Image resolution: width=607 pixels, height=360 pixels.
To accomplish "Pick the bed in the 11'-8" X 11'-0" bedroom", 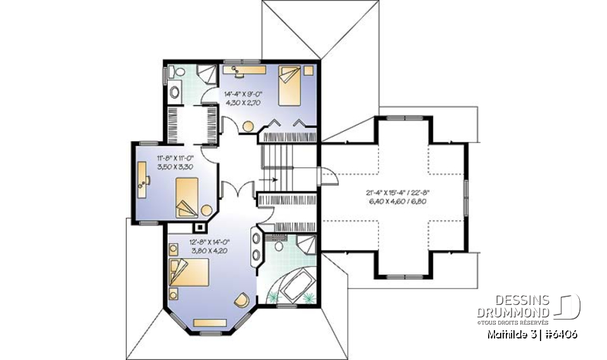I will (x=187, y=197).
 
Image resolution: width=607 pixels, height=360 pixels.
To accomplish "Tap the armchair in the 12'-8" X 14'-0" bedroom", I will (x=241, y=300).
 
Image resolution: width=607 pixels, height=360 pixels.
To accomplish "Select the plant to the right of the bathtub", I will (x=310, y=296).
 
